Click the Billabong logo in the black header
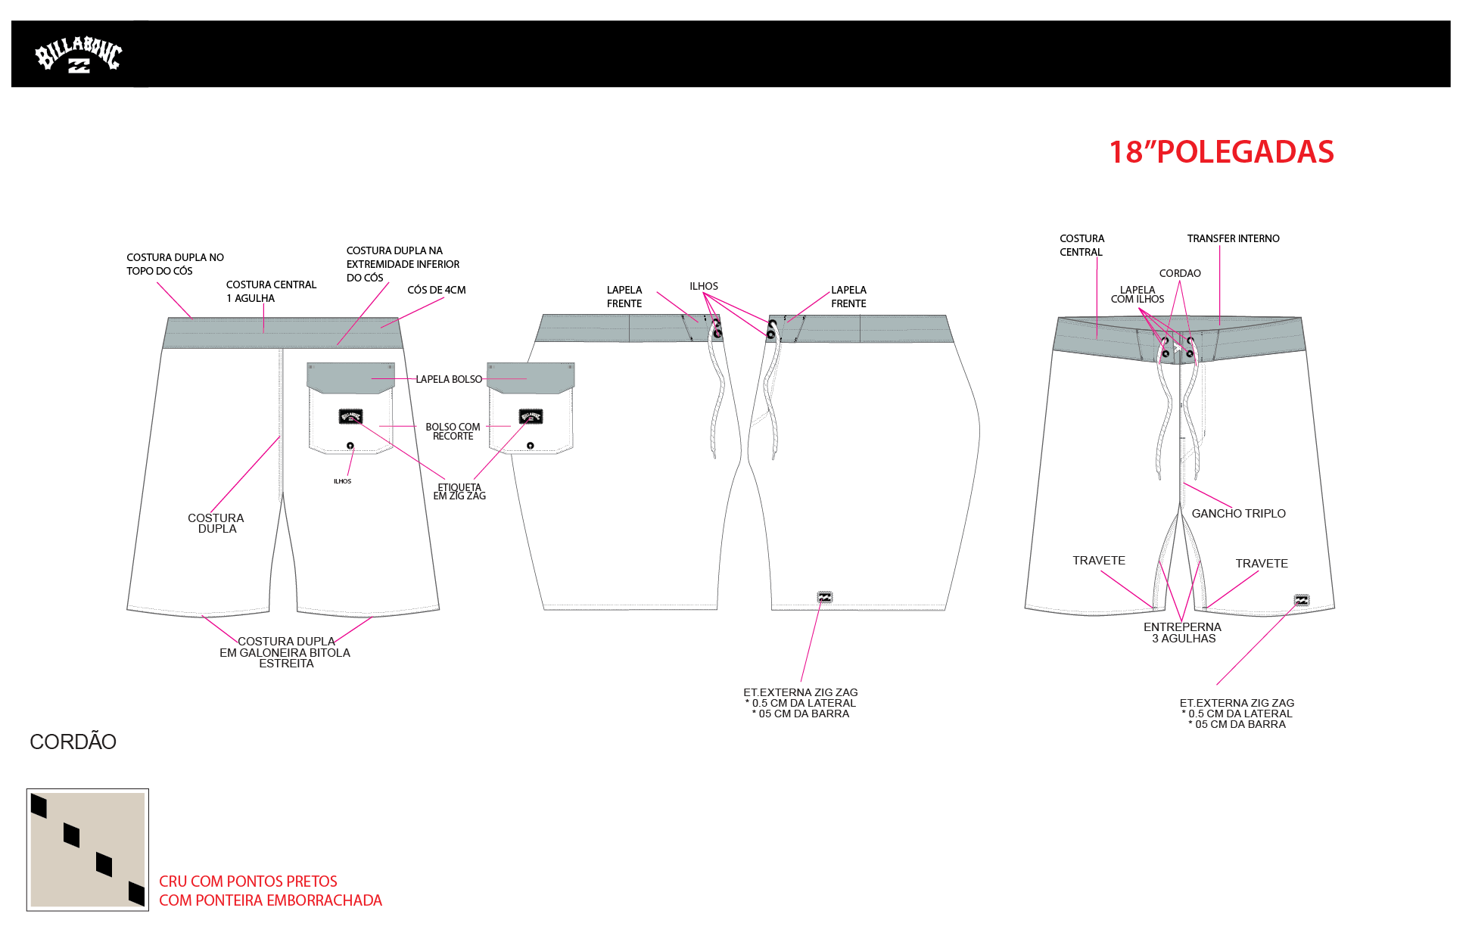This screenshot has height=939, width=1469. point(78,55)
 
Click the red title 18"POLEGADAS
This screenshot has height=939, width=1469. point(1221,152)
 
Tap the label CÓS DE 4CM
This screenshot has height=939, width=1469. point(436,290)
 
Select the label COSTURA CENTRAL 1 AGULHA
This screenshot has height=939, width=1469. point(271,291)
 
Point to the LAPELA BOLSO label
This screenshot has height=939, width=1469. point(449,379)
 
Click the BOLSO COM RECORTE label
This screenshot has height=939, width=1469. point(453,431)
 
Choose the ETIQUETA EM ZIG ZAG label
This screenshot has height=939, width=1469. point(459,492)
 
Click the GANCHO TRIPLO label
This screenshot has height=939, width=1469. point(1238,513)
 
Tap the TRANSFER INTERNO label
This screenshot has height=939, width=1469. point(1233,238)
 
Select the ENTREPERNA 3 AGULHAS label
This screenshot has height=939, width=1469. point(1182,633)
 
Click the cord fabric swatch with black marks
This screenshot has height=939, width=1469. point(87,850)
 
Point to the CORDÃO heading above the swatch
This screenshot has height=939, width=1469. point(73,742)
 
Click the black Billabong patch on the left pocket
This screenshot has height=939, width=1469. point(350,416)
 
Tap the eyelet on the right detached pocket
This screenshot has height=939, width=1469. point(530,445)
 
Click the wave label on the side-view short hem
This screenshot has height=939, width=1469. point(825,597)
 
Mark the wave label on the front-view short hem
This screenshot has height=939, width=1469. point(1302,601)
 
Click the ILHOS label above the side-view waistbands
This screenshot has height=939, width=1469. point(704,286)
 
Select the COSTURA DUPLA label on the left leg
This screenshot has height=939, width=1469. point(216,523)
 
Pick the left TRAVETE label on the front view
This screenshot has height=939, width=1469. point(1098,561)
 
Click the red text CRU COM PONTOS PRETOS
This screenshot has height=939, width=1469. point(248,881)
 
